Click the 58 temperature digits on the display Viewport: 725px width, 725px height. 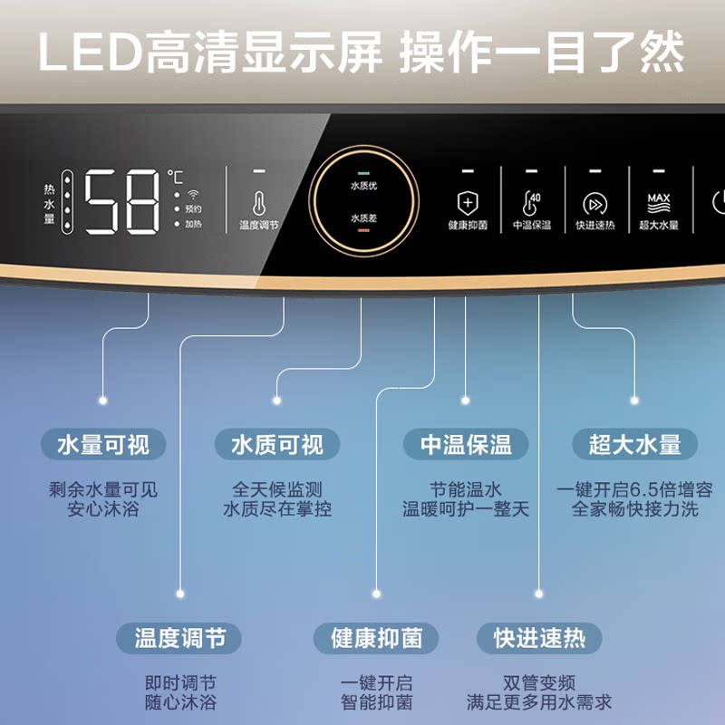[123, 201]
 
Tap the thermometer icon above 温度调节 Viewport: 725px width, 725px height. [259, 203]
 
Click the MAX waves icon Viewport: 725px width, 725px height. [659, 202]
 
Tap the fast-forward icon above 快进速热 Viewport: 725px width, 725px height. [594, 203]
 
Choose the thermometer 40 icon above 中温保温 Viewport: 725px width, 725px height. [531, 201]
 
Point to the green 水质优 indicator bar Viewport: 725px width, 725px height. [363, 172]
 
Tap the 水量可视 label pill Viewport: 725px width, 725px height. [103, 445]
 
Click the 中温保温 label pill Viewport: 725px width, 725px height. [466, 445]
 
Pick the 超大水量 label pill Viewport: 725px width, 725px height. [634, 445]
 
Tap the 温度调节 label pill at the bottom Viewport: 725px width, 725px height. [180, 638]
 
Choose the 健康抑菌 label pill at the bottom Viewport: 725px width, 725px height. [377, 638]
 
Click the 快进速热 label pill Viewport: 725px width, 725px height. [539, 638]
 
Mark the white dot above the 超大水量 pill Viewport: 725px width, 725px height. [634, 400]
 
